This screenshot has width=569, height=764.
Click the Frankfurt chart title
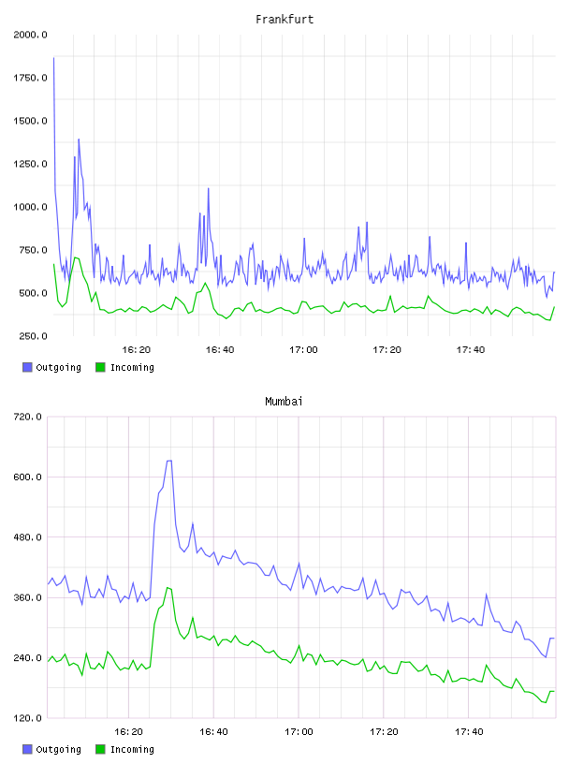pyautogui.click(x=284, y=19)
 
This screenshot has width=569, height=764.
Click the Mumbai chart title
pyautogui.click(x=284, y=401)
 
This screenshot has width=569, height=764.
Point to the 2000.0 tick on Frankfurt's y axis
pyautogui.click(x=30, y=35)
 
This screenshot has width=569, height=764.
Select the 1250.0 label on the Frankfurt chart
pyautogui.click(x=30, y=164)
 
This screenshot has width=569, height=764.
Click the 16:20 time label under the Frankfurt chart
pyautogui.click(x=137, y=349)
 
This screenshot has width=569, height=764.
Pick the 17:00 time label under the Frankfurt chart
pyautogui.click(x=303, y=349)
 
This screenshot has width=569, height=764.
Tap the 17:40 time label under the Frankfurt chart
pyautogui.click(x=471, y=349)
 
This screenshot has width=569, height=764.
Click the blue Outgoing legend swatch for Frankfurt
pyautogui.click(x=27, y=367)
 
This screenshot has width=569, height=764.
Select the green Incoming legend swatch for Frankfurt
pyautogui.click(x=100, y=367)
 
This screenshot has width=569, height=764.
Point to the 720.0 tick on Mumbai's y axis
pyautogui.click(x=28, y=417)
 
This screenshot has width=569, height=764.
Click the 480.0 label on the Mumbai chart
pyautogui.click(x=28, y=536)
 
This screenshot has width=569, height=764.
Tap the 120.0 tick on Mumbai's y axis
pyautogui.click(x=28, y=718)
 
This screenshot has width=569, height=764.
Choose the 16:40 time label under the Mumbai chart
pyautogui.click(x=214, y=731)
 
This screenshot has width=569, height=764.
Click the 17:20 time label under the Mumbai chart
pyautogui.click(x=384, y=731)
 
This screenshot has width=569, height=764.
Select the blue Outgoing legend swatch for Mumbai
pyautogui.click(x=27, y=749)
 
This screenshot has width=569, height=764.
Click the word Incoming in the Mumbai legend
pyautogui.click(x=133, y=749)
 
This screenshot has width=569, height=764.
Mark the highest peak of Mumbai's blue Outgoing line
pyautogui.click(x=169, y=461)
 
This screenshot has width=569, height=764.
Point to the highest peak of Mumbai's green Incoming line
pyautogui.click(x=168, y=588)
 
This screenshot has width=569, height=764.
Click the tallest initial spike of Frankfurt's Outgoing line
pyautogui.click(x=53, y=57)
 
